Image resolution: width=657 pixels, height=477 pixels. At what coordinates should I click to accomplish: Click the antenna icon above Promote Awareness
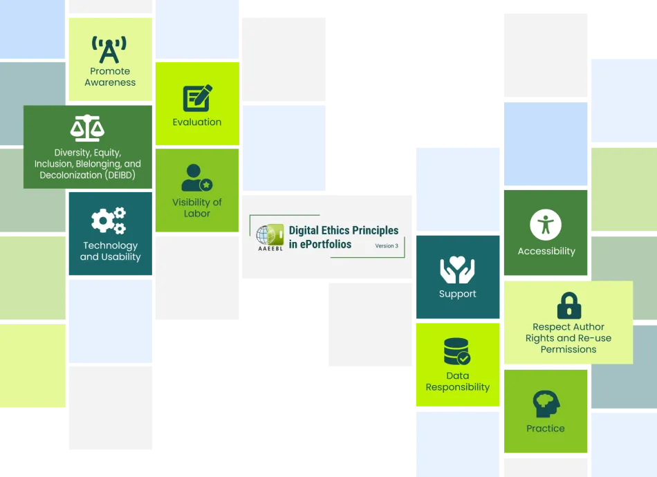tap(109, 50)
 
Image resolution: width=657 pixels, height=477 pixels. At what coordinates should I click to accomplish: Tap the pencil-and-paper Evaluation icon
tap(197, 98)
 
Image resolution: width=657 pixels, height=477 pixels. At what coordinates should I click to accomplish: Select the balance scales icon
tap(87, 128)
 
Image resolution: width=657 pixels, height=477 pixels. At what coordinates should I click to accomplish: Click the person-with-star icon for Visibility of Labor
tap(197, 178)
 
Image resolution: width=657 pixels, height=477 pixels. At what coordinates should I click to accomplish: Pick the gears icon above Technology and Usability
tap(109, 221)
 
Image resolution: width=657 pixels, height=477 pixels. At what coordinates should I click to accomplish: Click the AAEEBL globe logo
tap(270, 237)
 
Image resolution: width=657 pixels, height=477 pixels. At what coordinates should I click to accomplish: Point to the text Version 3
tap(387, 246)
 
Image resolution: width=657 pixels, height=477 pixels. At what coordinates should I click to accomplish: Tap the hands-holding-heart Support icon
tap(458, 270)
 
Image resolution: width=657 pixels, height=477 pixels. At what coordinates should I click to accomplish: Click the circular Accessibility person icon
tap(546, 225)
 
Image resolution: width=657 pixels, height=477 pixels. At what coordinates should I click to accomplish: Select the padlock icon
tap(569, 306)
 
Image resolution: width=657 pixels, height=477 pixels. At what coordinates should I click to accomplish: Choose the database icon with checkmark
tap(456, 351)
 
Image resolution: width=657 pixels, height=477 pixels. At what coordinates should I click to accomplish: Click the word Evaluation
tap(197, 122)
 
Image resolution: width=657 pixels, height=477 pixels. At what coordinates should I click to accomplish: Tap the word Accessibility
tap(546, 251)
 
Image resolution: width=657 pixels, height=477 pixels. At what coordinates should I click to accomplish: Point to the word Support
tap(458, 294)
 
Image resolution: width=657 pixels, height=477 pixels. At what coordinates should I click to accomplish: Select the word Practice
tap(546, 429)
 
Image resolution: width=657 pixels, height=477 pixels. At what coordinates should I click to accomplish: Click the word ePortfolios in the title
tap(326, 244)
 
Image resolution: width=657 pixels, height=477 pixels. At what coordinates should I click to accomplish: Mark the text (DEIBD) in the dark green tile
tap(120, 175)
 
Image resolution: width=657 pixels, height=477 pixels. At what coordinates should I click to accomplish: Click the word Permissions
tap(568, 349)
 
